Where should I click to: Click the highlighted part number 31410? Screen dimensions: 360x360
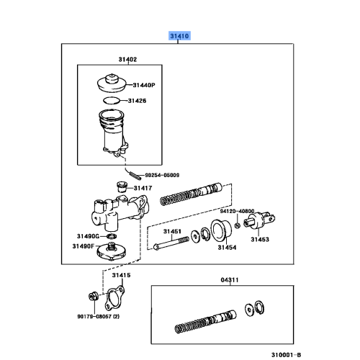179,35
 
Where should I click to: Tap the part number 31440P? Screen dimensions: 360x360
148,85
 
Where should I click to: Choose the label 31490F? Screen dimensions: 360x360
84,246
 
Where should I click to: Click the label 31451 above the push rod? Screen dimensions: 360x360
171,231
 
